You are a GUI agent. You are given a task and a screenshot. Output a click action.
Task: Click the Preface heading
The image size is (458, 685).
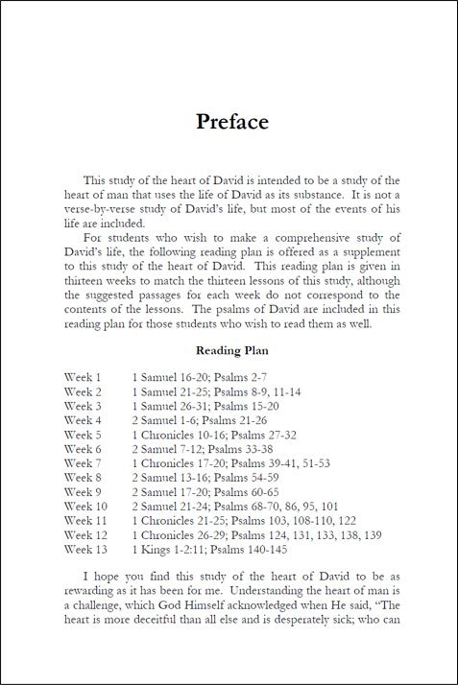click(231, 122)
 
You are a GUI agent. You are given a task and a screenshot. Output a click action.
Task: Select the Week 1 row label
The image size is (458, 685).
click(83, 377)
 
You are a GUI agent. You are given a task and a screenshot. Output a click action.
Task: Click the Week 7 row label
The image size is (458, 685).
click(83, 463)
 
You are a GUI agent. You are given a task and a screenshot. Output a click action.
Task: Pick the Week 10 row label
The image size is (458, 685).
click(85, 507)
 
